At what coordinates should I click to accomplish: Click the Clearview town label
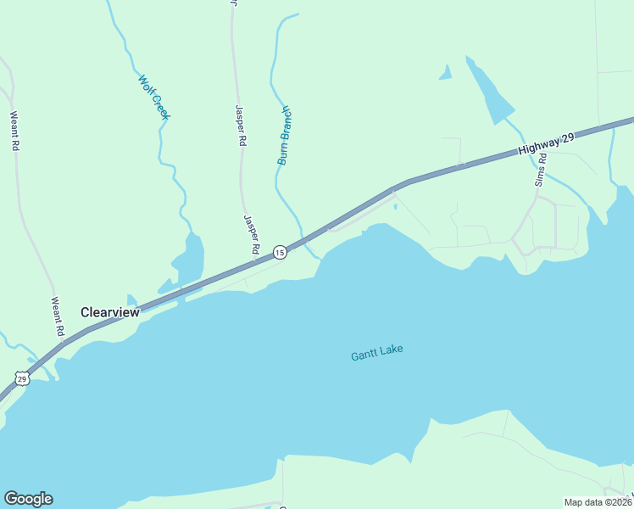tap(109, 312)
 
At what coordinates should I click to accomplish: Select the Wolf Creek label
tap(154, 97)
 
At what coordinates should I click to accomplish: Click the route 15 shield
tap(279, 253)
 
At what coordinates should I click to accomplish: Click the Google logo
tap(28, 498)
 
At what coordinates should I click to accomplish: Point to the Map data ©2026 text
tap(597, 502)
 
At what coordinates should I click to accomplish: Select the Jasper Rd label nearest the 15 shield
tap(251, 234)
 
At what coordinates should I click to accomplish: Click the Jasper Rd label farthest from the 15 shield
tap(240, 126)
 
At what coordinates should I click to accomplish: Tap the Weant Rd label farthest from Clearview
tap(14, 131)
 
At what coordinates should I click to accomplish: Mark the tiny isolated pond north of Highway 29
tap(444, 73)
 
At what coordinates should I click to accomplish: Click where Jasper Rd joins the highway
tap(258, 262)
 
